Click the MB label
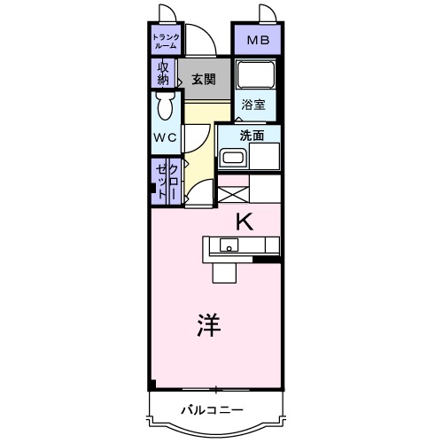(257, 40)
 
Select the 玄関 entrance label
(203, 79)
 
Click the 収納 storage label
(164, 73)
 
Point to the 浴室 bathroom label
(253, 104)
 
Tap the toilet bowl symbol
(164, 108)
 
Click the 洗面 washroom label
(253, 136)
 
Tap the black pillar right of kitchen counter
(265, 260)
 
